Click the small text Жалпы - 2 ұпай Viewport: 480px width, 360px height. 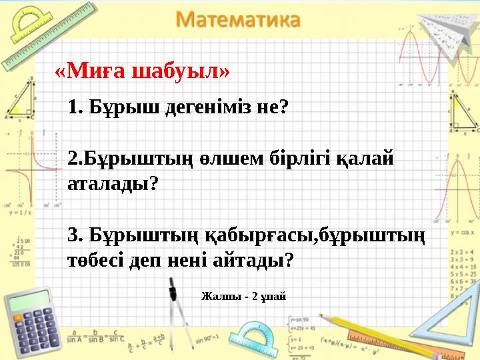[243, 295]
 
